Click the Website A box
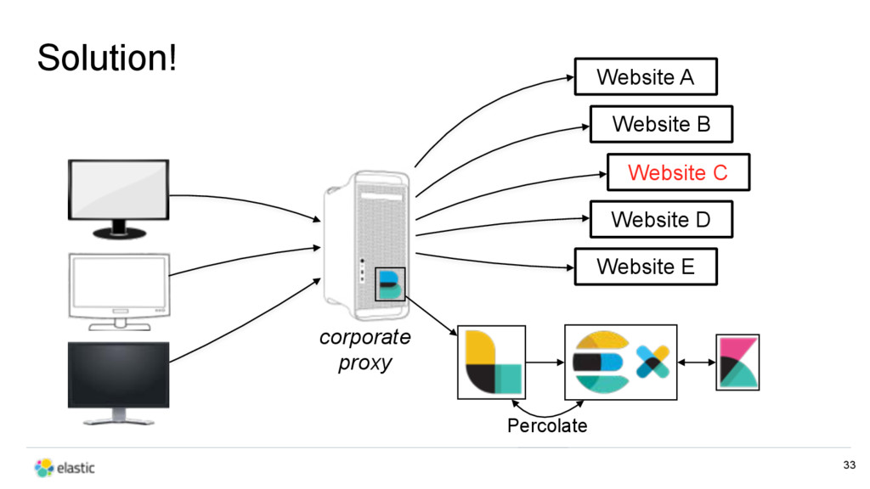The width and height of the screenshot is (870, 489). (646, 76)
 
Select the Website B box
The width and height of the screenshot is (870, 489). (661, 124)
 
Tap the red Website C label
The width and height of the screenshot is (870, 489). (678, 172)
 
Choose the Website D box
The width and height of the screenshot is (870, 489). (661, 220)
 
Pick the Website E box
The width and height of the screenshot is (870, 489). (646, 267)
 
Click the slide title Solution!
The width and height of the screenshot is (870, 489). (107, 57)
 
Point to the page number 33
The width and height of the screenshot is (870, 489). (849, 464)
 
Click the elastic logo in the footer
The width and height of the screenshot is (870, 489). (65, 468)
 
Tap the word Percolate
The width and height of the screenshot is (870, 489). (547, 425)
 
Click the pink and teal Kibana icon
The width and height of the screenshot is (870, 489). (737, 362)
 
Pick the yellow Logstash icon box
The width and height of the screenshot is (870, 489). (492, 362)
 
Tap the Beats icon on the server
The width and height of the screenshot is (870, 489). (390, 284)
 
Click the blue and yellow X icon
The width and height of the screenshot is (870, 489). (653, 362)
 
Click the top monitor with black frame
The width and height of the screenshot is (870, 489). (119, 199)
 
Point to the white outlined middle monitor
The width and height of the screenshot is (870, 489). (119, 292)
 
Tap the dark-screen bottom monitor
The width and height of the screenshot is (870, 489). (119, 383)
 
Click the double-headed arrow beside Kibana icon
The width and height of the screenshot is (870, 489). (697, 363)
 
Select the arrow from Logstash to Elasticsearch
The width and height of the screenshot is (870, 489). (545, 363)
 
